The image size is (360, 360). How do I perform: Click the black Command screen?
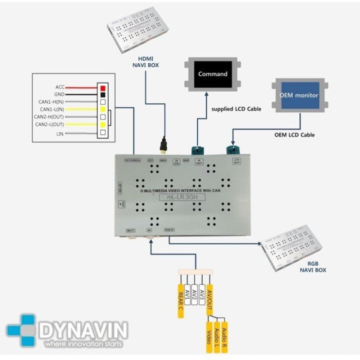(212, 74)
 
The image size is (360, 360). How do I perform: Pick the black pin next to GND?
(102, 94)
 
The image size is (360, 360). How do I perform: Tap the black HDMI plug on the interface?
(163, 146)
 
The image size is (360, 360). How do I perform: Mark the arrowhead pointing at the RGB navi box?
(258, 244)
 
